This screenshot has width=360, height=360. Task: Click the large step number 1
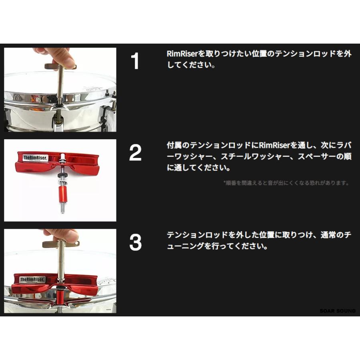pos(135,61)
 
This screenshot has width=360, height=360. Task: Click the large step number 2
pos(135,153)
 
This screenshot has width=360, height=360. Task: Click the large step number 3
pos(136,242)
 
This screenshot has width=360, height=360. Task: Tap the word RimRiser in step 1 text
pos(182,54)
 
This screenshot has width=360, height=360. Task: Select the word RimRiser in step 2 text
pos(274,145)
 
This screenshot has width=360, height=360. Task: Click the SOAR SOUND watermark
pos(338,311)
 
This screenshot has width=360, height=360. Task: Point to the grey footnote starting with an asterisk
pos(286,183)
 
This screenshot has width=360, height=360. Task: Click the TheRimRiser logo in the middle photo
pos(35,158)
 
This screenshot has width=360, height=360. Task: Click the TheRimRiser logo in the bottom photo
pos(32,280)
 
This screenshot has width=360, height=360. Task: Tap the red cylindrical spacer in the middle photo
pos(62,194)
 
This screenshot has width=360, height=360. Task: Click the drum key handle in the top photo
pos(60,66)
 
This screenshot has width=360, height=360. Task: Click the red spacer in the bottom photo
pos(61,298)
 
